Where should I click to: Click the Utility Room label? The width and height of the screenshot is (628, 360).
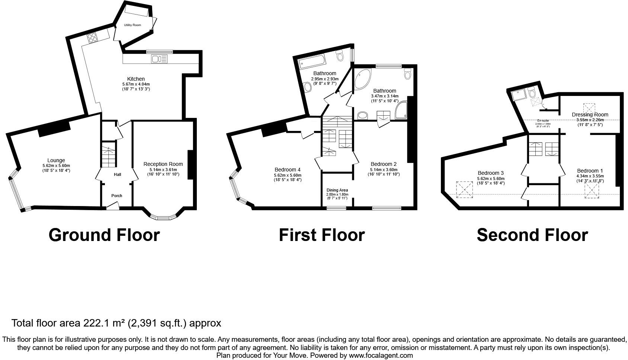point(132,25)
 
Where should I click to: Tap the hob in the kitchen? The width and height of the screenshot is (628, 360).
point(92,37)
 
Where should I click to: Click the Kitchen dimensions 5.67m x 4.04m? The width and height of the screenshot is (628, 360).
point(136,84)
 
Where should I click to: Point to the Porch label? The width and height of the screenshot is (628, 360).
point(117,196)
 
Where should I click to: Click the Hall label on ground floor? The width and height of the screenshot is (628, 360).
point(118,174)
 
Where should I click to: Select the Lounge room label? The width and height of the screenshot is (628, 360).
point(56,161)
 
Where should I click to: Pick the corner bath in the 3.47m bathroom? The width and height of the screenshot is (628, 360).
point(362,78)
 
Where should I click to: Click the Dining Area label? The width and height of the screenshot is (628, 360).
point(337,190)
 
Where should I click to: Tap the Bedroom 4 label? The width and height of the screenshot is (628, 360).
point(288,170)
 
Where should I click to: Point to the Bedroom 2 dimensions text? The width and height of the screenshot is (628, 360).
point(384,172)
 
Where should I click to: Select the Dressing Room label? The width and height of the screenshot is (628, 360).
point(590,115)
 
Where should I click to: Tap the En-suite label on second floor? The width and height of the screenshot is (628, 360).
point(543,120)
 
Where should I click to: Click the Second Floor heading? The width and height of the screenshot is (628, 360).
point(532,235)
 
